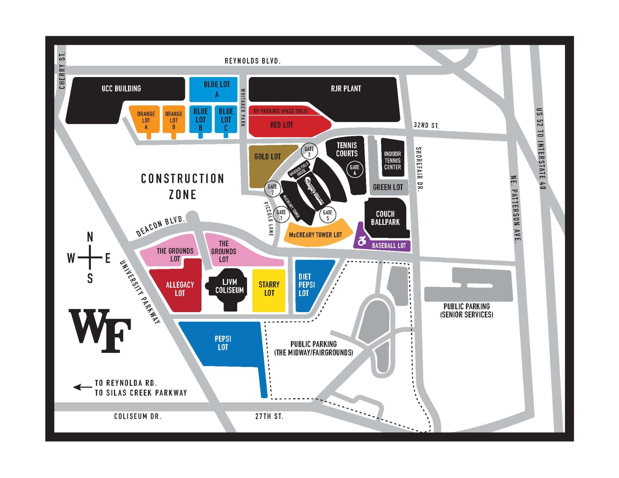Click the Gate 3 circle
coord(309,151)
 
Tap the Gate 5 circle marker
coord(327,215)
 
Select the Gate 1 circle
coord(281,214)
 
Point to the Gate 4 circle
coord(354,169)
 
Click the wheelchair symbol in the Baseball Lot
coord(362,240)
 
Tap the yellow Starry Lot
coord(269,290)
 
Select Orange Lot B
coord(174,120)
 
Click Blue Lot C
coord(226,119)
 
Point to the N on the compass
coord(90,237)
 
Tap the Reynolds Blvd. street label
coord(252,61)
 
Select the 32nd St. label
coord(426,125)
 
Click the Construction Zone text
coord(183,187)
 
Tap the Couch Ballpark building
coord(385,218)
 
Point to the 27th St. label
coord(269,416)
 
